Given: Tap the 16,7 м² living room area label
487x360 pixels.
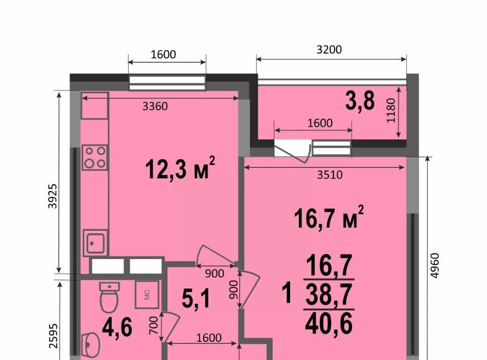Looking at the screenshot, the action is click(329, 218).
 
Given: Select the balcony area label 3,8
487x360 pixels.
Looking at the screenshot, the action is click(360, 101).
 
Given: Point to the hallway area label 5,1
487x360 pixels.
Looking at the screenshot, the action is click(196, 298).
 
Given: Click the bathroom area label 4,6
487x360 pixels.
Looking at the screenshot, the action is click(117, 328).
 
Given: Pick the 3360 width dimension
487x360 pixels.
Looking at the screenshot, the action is click(155, 106).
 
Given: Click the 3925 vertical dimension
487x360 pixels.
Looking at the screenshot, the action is click(53, 196).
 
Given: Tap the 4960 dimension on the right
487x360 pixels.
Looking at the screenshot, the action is click(435, 265).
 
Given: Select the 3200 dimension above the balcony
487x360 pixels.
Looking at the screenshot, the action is click(329, 49).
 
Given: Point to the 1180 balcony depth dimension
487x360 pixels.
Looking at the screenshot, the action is click(391, 111).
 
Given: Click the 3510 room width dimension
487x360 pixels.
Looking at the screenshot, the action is click(330, 175).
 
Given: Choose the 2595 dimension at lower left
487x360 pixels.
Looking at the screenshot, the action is click(53, 336).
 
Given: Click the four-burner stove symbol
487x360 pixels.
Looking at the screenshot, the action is click(95, 157).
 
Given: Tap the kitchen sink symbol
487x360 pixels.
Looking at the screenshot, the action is click(95, 243).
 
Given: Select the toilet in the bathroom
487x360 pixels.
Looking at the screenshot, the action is click(110, 297).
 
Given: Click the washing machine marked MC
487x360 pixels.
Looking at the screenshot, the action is click(147, 295).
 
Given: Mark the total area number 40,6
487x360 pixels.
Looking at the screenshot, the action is click(329, 323).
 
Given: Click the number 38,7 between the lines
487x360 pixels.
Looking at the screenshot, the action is click(329, 294).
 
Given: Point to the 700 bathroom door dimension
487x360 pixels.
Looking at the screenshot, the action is click(154, 326).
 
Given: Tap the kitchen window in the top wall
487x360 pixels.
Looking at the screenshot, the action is click(167, 83).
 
